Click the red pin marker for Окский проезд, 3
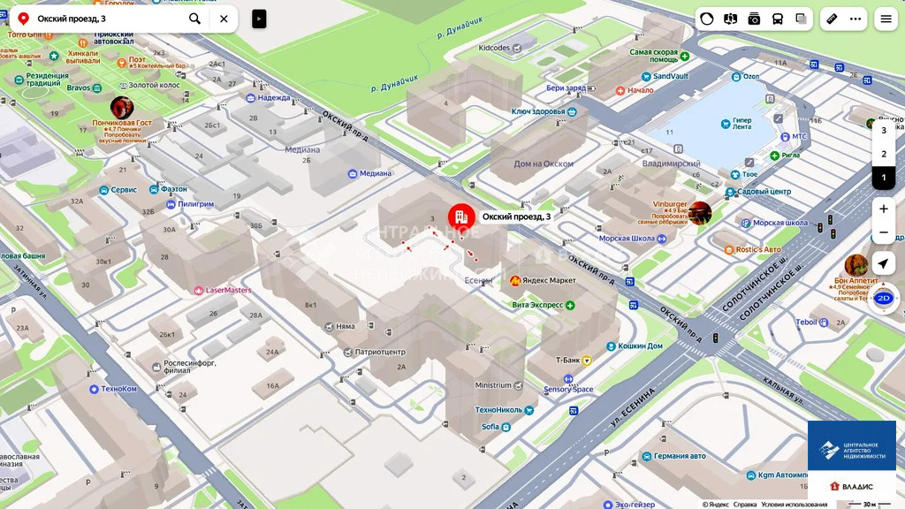[460, 217]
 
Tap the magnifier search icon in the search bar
[194, 19]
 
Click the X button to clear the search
[224, 19]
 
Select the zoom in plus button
[883, 209]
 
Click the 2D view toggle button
[883, 299]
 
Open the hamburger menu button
[886, 19]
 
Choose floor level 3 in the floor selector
[883, 130]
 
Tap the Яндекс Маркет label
[548, 281]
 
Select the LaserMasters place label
[228, 290]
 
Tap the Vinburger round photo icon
[700, 213]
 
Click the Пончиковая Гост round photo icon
[122, 108]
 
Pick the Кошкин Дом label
[640, 346]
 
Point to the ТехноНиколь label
[500, 410]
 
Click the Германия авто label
[680, 456]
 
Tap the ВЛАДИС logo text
[856, 487]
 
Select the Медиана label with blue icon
[375, 173]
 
